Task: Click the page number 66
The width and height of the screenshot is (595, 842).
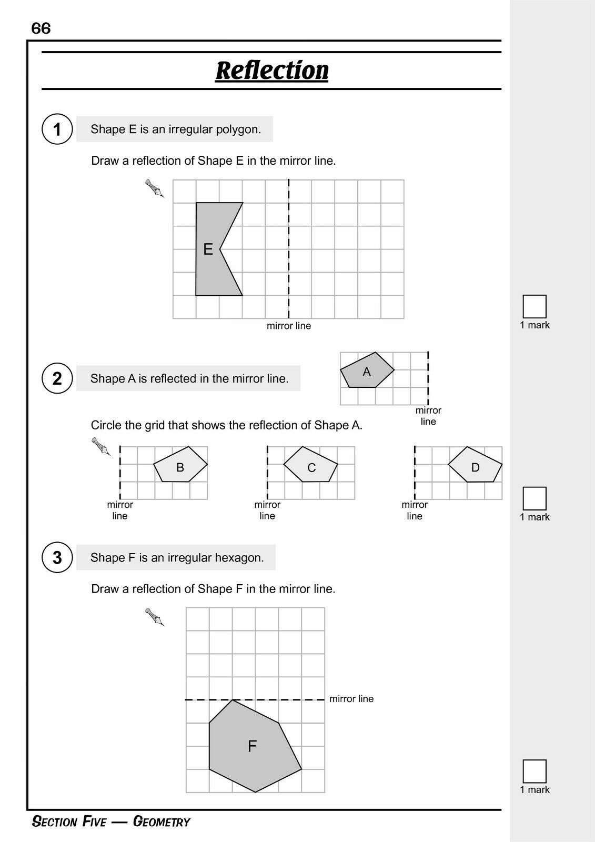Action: coord(41,28)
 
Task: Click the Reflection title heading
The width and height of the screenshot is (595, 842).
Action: coord(272,70)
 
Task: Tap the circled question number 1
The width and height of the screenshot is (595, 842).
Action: coord(57,129)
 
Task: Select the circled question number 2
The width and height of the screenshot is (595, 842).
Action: coord(57,378)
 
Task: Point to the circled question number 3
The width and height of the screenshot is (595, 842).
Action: coord(57,557)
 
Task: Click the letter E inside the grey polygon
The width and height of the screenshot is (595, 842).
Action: coord(208,249)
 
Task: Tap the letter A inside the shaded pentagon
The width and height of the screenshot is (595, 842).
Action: coord(367,372)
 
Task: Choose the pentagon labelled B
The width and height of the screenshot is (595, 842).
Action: coord(180,465)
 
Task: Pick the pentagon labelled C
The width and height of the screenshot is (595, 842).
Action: coord(311,466)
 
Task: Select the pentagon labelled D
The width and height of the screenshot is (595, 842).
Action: coord(475,465)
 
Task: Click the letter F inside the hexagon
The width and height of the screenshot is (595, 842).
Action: coord(252,746)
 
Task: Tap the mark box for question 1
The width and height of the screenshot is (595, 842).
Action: coord(535,306)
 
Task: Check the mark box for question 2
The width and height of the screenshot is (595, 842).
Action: coord(535,498)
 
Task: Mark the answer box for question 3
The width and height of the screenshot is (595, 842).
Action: coord(535,771)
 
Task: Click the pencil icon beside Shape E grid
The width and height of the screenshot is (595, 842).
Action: coord(155,188)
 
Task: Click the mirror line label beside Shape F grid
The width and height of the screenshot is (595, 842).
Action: coord(351,699)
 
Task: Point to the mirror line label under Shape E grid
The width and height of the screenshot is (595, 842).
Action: coord(289,326)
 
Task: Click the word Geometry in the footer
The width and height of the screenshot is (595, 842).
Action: coord(162,822)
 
